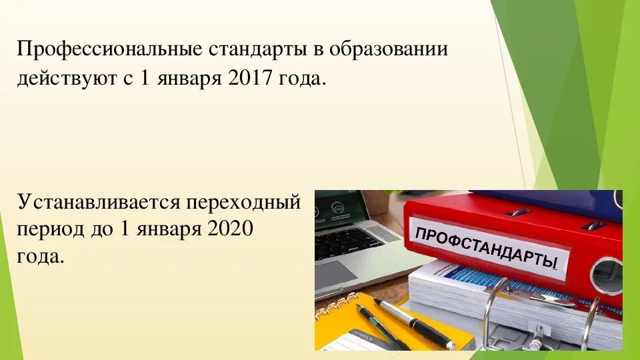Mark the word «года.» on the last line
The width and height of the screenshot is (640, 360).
point(41,256)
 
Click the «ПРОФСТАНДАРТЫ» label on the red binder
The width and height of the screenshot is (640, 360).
point(487,245)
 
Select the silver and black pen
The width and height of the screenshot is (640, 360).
point(413,324)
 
